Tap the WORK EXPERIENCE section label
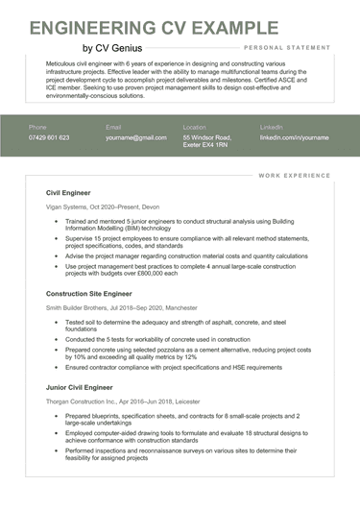tap(295, 176)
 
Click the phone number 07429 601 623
tap(49, 138)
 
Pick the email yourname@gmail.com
tap(136, 138)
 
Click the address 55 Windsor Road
tap(208, 138)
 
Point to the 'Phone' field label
tap(37, 127)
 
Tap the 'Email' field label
tap(113, 127)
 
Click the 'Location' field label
tap(195, 127)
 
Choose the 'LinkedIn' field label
tap(272, 127)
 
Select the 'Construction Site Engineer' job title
tap(90, 292)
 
